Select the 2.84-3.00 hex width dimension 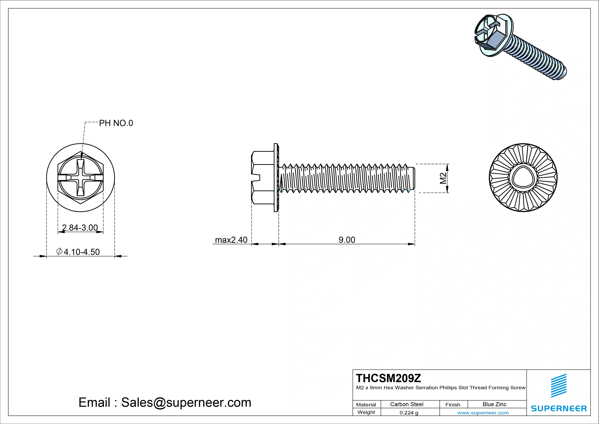(80, 228)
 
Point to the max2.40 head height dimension (231, 240)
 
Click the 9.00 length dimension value (347, 240)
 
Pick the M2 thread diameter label (443, 178)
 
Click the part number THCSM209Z (388, 378)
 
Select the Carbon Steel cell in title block (407, 404)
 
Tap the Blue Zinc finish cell (494, 404)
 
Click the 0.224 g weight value (409, 413)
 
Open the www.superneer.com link (483, 413)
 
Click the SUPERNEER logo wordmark (559, 408)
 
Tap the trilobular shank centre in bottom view (523, 178)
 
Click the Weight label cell (366, 412)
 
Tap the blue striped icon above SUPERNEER (559, 386)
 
